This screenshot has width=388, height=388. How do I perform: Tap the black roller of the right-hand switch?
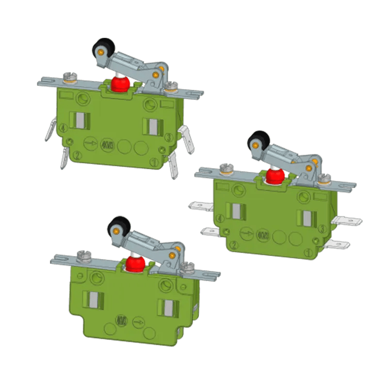pyautogui.click(x=258, y=142)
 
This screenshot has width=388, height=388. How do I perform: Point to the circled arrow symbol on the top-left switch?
pyautogui.click(x=90, y=143)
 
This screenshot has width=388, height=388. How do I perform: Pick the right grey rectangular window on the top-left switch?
pyautogui.click(x=151, y=127)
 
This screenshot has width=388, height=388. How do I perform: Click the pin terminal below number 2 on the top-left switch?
pyautogui.click(x=64, y=159)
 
